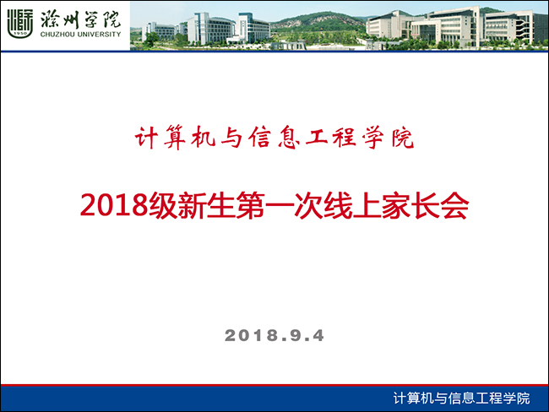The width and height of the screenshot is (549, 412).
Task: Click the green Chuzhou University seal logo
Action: [x=20, y=23]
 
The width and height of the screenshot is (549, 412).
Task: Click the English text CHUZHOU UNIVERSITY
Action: [x=80, y=35]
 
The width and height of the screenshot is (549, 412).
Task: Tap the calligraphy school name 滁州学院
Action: [x=80, y=19]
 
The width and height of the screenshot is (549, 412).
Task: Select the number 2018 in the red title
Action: [x=114, y=205]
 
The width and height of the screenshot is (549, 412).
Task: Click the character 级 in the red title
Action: [x=163, y=205]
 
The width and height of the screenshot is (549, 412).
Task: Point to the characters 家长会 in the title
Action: [x=426, y=205]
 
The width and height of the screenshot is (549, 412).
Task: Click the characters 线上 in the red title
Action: [x=338, y=205]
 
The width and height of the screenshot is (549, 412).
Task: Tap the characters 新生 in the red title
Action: [x=207, y=205]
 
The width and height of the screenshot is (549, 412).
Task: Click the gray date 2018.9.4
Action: [x=274, y=335]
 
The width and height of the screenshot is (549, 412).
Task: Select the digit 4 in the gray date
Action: [x=318, y=335]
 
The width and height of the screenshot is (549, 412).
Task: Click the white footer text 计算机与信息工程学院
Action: [x=461, y=398]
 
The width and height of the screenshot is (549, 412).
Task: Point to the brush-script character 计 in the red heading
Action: [x=145, y=138]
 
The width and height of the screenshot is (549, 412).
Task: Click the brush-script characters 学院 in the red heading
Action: [x=389, y=138]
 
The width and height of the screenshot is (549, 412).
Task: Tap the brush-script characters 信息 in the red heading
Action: [x=274, y=138]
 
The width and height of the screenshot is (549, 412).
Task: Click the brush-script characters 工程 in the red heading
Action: [x=331, y=138]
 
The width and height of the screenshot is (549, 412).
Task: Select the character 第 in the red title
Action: [x=250, y=205]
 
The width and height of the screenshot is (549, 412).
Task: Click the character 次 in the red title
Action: [x=308, y=205]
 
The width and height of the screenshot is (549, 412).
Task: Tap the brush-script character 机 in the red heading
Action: [x=203, y=138]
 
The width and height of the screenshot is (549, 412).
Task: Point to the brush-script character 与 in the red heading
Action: [x=231, y=138]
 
